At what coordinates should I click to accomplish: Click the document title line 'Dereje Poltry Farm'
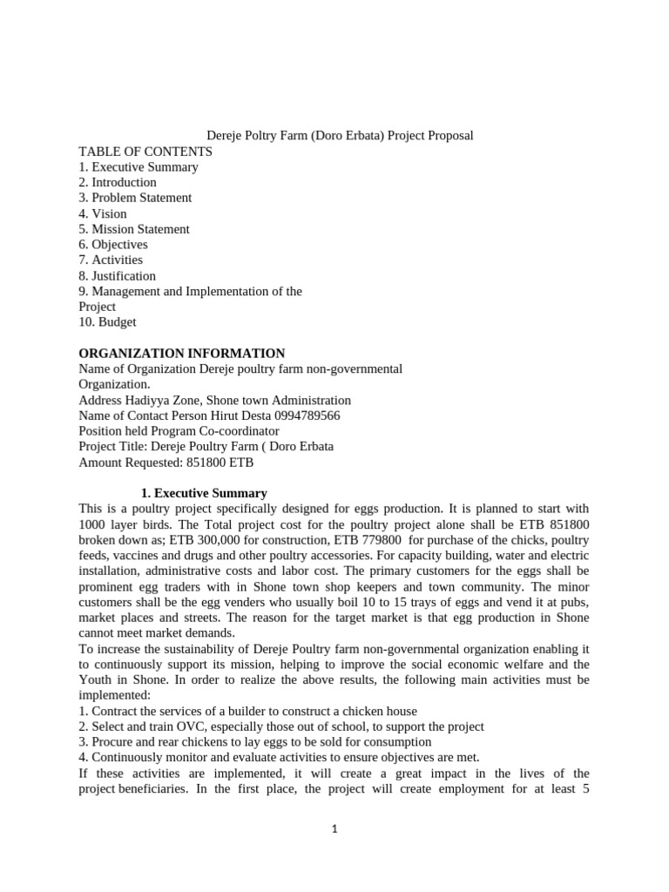(x=339, y=136)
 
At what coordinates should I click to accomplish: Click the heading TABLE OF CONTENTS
(x=145, y=152)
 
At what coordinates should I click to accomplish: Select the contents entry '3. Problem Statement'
(x=135, y=198)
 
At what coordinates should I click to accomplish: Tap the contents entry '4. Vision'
(x=103, y=213)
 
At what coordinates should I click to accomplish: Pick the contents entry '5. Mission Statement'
(x=134, y=229)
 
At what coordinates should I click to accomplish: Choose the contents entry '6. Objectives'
(x=113, y=245)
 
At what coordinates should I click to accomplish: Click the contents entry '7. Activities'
(x=111, y=260)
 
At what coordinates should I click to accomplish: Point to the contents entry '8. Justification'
(x=118, y=275)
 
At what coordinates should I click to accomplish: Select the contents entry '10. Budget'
(x=107, y=321)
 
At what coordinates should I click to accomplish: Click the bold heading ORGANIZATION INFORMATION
(x=182, y=353)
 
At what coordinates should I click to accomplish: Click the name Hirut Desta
(x=231, y=416)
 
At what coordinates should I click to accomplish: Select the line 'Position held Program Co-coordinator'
(x=179, y=431)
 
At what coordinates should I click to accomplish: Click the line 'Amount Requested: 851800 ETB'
(x=166, y=462)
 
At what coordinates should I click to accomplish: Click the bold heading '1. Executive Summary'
(x=204, y=493)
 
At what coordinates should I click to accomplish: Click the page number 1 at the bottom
(x=334, y=829)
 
